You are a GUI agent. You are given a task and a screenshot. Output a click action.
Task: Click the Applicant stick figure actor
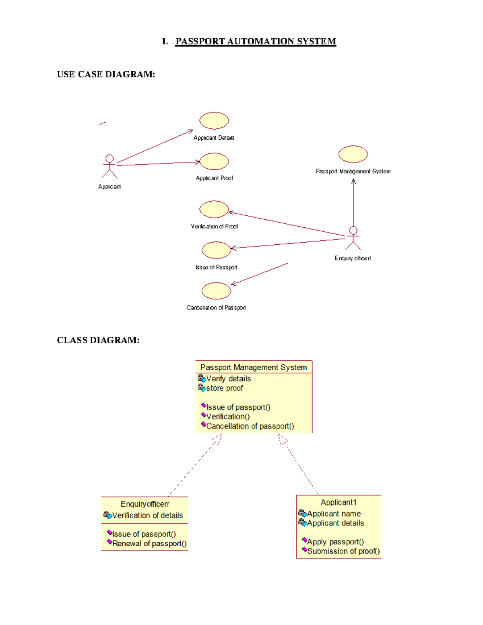tap(109, 166)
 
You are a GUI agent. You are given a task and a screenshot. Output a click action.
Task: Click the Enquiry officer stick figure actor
tap(353, 238)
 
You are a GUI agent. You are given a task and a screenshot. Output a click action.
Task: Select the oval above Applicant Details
tap(214, 121)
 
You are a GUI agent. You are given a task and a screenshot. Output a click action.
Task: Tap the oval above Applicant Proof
tap(215, 161)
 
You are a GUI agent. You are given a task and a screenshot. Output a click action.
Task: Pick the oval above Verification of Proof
tap(214, 209)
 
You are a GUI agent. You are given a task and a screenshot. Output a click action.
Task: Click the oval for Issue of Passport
tap(216, 250)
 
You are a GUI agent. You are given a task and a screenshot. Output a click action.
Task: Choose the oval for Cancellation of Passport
tap(216, 291)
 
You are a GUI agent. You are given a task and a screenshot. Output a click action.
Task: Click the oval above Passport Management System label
tap(353, 154)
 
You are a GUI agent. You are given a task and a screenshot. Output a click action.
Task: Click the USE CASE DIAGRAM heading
tap(106, 74)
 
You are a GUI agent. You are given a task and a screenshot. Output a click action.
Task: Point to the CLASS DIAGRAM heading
tap(98, 340)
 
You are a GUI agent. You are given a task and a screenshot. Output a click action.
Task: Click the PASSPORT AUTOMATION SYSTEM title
tap(255, 41)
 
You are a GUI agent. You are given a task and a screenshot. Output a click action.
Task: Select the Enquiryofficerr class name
tap(145, 504)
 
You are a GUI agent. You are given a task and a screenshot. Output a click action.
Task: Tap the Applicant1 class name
tap(339, 502)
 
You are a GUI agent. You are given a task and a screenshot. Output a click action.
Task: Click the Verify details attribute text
tap(228, 379)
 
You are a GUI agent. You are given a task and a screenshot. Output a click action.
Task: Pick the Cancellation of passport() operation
tap(250, 426)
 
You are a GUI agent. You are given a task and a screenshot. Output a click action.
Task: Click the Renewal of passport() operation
tap(149, 544)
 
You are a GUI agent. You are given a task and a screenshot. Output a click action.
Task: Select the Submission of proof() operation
tap(343, 551)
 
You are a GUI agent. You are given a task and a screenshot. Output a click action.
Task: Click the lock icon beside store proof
tap(202, 388)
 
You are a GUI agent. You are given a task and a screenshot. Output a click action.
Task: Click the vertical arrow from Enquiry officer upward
tap(353, 203)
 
